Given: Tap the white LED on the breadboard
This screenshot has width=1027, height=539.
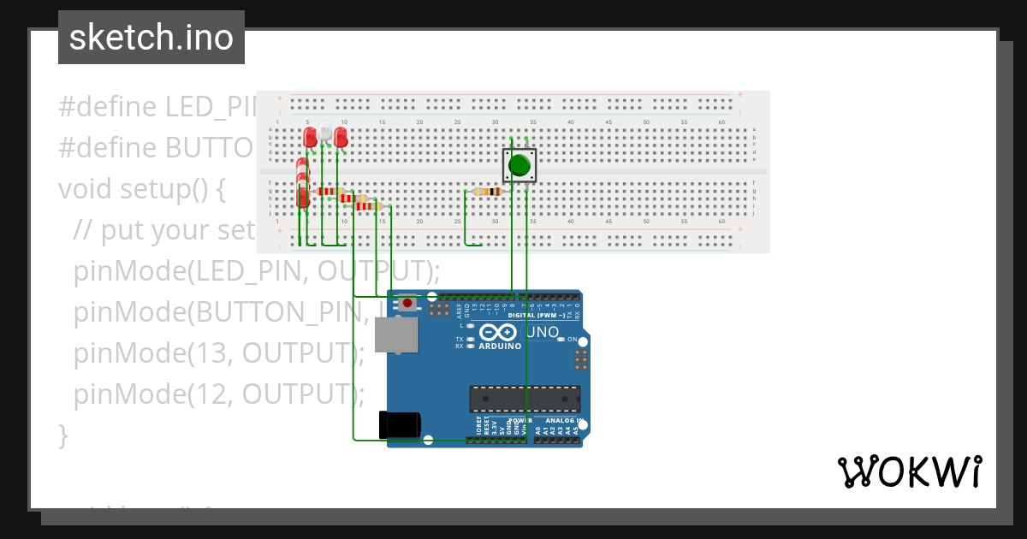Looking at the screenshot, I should (x=326, y=134).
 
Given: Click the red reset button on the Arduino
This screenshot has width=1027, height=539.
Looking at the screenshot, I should (x=408, y=303).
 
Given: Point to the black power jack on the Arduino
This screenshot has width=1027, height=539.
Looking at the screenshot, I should (x=400, y=425).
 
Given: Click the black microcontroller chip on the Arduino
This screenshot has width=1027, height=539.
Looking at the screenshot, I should (x=524, y=399).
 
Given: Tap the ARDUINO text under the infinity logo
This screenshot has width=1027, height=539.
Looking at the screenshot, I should (x=500, y=346).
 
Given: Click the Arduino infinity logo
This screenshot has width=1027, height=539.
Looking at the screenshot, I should (x=499, y=333).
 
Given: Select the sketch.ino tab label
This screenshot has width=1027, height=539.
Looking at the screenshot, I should (x=151, y=38).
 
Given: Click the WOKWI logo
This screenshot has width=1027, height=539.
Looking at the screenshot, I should (x=909, y=472).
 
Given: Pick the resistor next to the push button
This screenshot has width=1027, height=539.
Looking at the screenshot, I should (x=488, y=192).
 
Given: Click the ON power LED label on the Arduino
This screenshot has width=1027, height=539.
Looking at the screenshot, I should (x=573, y=340).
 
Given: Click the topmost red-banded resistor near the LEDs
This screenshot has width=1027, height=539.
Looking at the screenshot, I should (x=326, y=192).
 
